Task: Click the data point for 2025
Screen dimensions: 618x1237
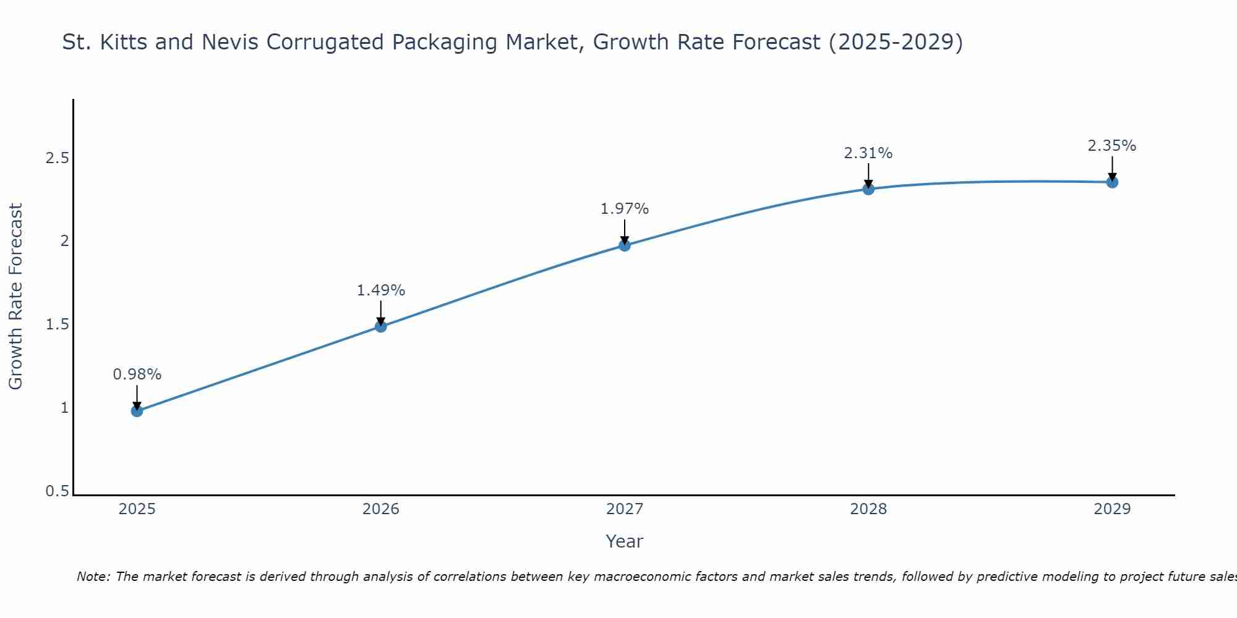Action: click(137, 411)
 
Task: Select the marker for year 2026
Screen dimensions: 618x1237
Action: click(381, 326)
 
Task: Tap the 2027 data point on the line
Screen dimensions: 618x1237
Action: click(625, 245)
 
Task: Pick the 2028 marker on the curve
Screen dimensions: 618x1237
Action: click(868, 189)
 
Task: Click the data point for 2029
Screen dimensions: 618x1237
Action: click(1112, 182)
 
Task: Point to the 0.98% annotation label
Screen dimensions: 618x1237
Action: click(137, 375)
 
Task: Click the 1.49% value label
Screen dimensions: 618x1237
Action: click(381, 290)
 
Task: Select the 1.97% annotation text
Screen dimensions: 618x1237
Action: click(625, 209)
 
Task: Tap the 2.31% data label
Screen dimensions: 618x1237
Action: click(868, 153)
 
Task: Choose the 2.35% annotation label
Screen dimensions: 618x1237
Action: click(1112, 146)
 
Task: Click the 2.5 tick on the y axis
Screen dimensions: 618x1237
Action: click(57, 158)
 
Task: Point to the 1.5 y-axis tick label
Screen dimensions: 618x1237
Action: click(57, 324)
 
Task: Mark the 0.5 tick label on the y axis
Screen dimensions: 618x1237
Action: click(57, 491)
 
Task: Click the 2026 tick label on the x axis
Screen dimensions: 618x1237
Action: click(381, 509)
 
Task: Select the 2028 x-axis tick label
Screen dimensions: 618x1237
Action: click(868, 509)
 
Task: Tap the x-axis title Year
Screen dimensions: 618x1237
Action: click(625, 541)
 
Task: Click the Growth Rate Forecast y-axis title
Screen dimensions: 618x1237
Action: click(15, 297)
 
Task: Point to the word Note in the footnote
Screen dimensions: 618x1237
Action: click(93, 577)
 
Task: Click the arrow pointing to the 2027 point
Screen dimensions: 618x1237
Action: click(625, 232)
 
